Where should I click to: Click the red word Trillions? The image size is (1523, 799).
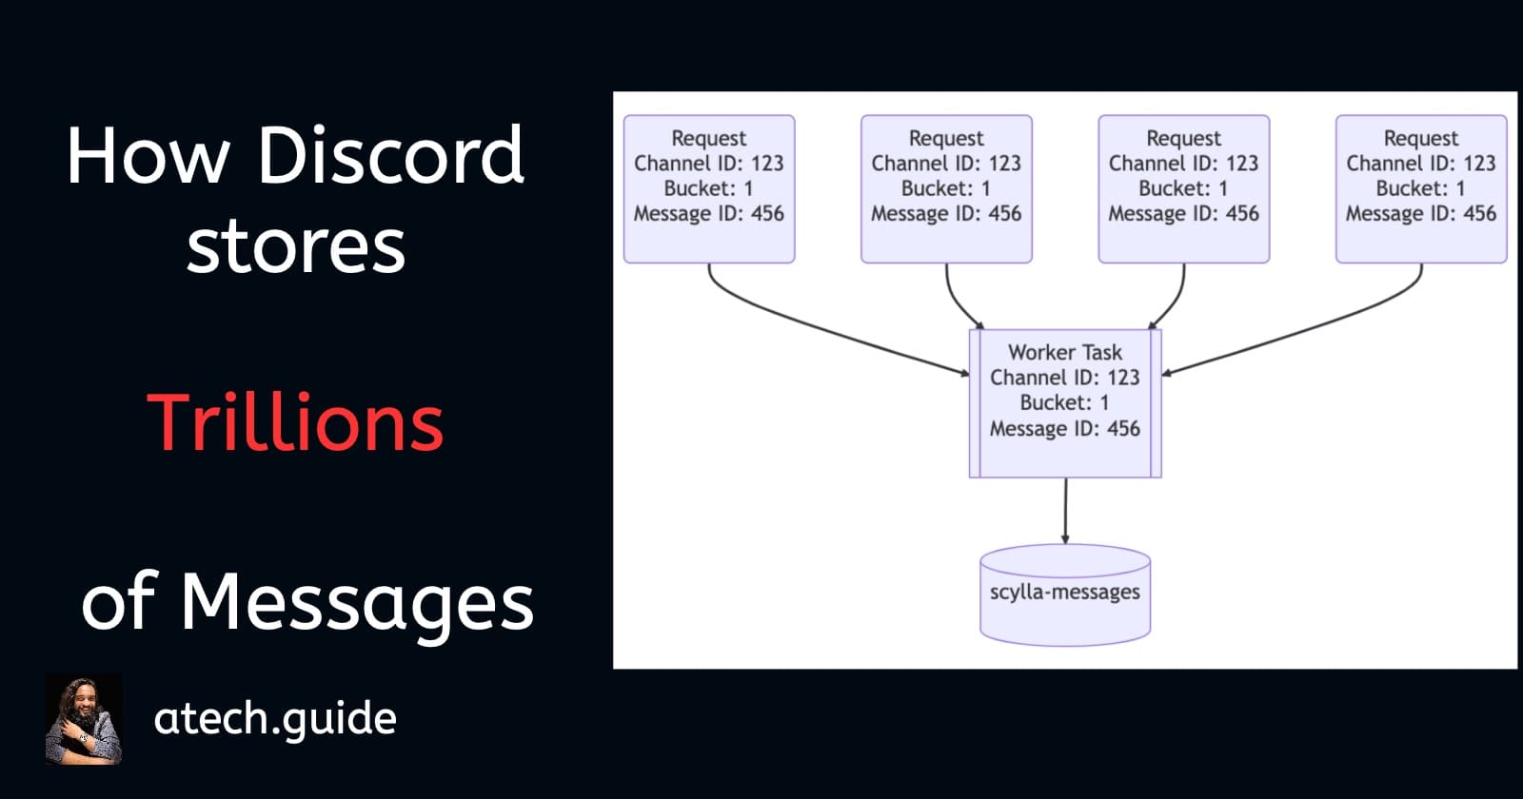(x=295, y=422)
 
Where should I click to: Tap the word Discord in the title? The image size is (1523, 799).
(x=390, y=155)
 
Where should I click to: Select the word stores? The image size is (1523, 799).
(x=295, y=246)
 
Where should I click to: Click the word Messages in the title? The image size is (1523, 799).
(x=357, y=602)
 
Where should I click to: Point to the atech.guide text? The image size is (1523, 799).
(x=274, y=718)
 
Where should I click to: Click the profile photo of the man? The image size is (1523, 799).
(x=84, y=719)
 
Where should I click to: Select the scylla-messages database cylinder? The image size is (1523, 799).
(x=1065, y=594)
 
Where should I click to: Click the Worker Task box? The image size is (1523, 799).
(x=1065, y=402)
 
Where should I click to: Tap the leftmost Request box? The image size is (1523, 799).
(x=709, y=188)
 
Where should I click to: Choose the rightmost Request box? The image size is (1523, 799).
(x=1421, y=188)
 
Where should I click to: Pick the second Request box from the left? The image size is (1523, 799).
(x=946, y=188)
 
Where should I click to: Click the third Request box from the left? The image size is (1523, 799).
(x=1183, y=188)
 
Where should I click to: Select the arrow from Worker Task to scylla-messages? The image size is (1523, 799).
(x=1065, y=511)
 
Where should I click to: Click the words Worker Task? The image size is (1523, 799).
(x=1065, y=352)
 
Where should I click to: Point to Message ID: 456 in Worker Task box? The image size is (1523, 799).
(x=1065, y=428)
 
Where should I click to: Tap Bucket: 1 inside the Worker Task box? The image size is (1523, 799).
(x=1065, y=402)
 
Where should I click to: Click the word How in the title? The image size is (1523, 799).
(x=148, y=155)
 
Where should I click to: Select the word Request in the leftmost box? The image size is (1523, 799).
(x=709, y=138)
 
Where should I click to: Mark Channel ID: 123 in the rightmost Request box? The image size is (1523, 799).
(x=1421, y=164)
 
